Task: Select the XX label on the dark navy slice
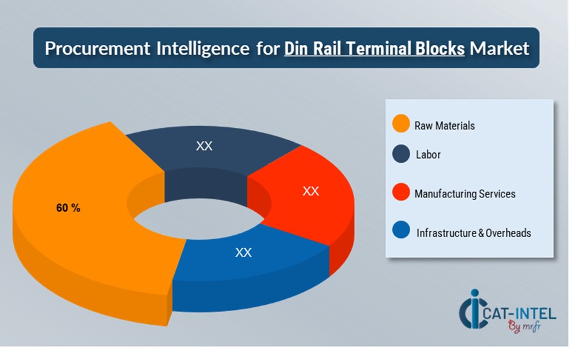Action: pos(204,146)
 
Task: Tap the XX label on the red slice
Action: pos(311,191)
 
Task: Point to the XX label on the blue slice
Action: pos(243,253)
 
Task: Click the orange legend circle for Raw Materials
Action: pos(401,124)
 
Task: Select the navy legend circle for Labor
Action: pos(401,154)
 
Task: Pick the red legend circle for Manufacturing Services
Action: pos(401,192)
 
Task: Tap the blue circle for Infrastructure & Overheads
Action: pos(401,231)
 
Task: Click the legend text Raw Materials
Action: pos(444,126)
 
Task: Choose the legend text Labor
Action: pos(428,155)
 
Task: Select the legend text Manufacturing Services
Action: pos(465,194)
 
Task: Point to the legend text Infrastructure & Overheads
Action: pos(474,233)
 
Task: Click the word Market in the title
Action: pos(500,49)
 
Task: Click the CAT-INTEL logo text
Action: pos(522,314)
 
